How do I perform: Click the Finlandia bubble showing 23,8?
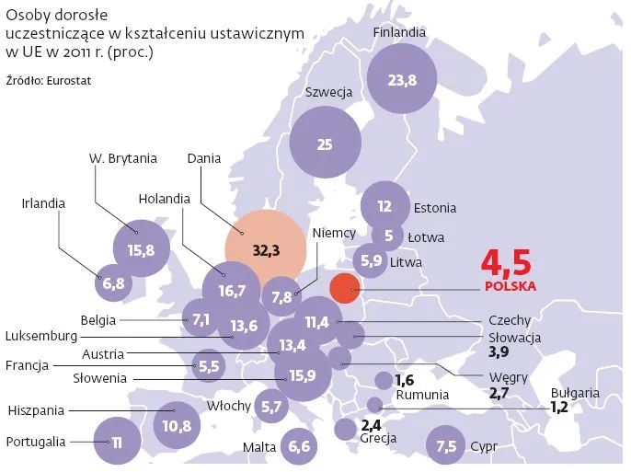coord(402,80)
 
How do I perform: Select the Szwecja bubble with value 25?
coord(324,144)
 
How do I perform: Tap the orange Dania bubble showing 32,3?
coord(265,249)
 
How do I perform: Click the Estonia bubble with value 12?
coord(384,207)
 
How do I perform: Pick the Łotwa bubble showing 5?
coord(388,236)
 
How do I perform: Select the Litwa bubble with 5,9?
coord(372,260)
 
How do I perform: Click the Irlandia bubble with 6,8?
coord(113,283)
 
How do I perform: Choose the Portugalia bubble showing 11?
coord(116,443)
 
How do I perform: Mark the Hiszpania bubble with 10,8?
coord(176,425)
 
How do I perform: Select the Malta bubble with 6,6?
coord(299,447)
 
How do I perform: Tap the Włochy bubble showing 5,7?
coord(270,406)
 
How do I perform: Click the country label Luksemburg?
coord(40,337)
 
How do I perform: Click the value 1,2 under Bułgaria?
coord(559,406)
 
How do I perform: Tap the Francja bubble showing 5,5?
coord(209,365)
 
